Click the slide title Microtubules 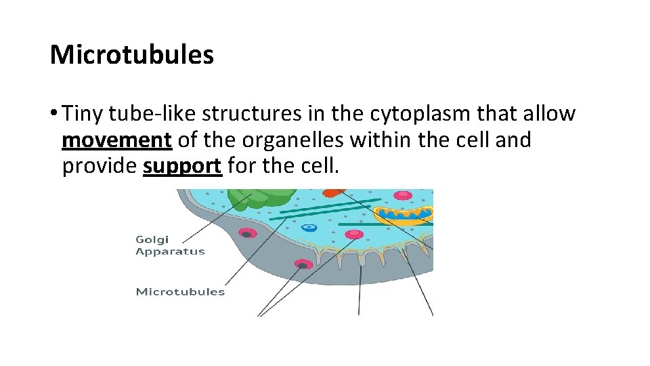tap(132, 55)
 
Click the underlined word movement tap(116, 140)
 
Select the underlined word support tap(183, 165)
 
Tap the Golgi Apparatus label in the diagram tap(170, 245)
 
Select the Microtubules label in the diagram tap(180, 292)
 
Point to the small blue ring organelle tap(309, 228)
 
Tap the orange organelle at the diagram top tap(334, 192)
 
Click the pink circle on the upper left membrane tap(248, 234)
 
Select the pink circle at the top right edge tap(404, 195)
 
